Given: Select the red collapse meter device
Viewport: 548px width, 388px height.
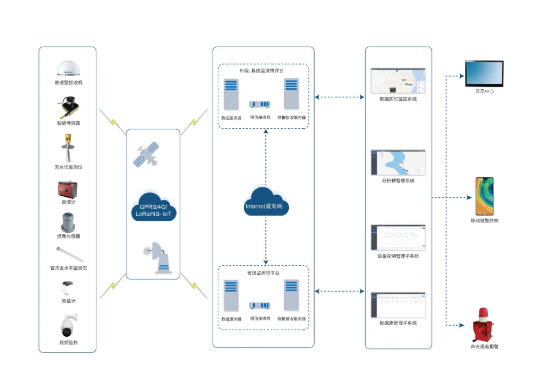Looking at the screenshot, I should (x=68, y=189).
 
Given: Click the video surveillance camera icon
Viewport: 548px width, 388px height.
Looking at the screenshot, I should (x=68, y=325).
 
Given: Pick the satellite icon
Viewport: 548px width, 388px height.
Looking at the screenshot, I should (x=145, y=156).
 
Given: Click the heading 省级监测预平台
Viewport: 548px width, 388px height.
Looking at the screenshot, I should (x=263, y=273).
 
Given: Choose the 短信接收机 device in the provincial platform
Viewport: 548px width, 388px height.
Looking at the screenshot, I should (x=260, y=306).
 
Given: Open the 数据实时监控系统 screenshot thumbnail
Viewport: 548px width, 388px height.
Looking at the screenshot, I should (x=398, y=80).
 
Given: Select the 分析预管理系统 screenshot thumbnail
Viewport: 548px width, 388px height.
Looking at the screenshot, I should (x=398, y=162).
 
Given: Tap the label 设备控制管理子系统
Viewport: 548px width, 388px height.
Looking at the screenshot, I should (x=398, y=256).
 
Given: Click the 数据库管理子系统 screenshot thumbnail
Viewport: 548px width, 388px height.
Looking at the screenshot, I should (x=398, y=304).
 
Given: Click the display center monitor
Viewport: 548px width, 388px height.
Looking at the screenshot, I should (x=484, y=74).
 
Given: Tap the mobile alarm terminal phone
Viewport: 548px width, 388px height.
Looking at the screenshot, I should (x=484, y=196).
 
